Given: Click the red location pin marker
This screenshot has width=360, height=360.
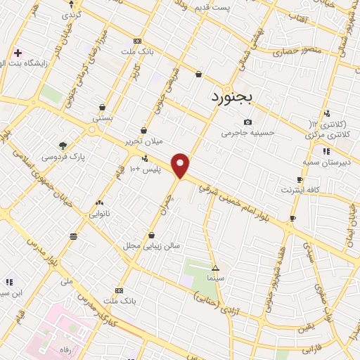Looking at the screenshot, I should (x=181, y=165).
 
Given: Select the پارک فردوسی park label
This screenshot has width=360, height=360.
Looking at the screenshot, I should (x=82, y=156).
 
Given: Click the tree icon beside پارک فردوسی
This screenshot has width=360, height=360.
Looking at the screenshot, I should (x=63, y=146).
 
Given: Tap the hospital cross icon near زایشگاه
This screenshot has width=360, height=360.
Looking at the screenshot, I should (x=18, y=53).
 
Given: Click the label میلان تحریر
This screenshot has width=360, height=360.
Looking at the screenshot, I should (x=144, y=141).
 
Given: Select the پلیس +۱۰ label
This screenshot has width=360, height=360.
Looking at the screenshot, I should (x=147, y=169).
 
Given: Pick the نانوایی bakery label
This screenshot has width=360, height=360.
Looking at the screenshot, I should (x=99, y=212).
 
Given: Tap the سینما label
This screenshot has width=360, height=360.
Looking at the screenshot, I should (x=215, y=279).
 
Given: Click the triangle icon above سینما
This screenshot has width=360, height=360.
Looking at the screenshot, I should (x=215, y=268).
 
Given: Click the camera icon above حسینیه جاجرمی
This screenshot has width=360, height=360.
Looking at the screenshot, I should (x=247, y=122).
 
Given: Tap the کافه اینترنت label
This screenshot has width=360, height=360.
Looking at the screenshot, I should (x=300, y=190).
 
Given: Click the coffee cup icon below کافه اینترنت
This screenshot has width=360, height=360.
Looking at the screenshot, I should (x=292, y=219).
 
